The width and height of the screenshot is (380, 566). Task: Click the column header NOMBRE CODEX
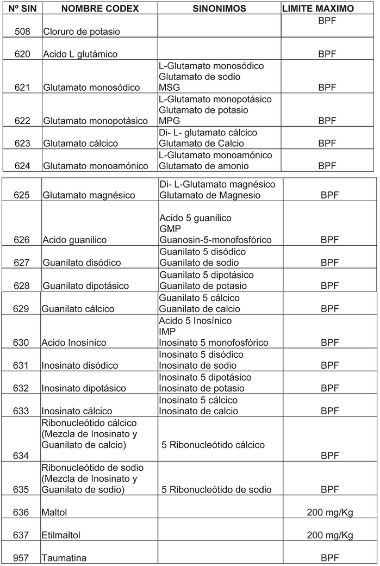click(99, 9)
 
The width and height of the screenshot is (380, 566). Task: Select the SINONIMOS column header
click(219, 9)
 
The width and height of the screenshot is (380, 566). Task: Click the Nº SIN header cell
click(21, 9)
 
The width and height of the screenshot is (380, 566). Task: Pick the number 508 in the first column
click(22, 32)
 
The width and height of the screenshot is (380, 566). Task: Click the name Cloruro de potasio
click(82, 32)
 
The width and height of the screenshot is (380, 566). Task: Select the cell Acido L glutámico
click(80, 54)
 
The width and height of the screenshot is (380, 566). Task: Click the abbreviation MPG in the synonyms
click(169, 121)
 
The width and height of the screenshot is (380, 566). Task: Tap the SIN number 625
click(22, 195)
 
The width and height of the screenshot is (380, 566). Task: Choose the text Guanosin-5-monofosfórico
click(215, 240)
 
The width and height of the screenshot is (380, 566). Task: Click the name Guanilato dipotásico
click(86, 286)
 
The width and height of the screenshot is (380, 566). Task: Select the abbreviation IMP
click(167, 331)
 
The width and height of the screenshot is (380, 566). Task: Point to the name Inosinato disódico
click(79, 365)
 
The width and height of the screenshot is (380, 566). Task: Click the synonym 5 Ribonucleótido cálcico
click(213, 445)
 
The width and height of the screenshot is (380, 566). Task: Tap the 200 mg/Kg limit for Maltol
click(329, 513)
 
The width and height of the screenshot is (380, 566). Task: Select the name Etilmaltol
click(61, 536)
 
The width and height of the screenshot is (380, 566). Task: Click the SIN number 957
click(22, 558)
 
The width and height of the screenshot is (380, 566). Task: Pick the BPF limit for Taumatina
click(329, 558)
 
